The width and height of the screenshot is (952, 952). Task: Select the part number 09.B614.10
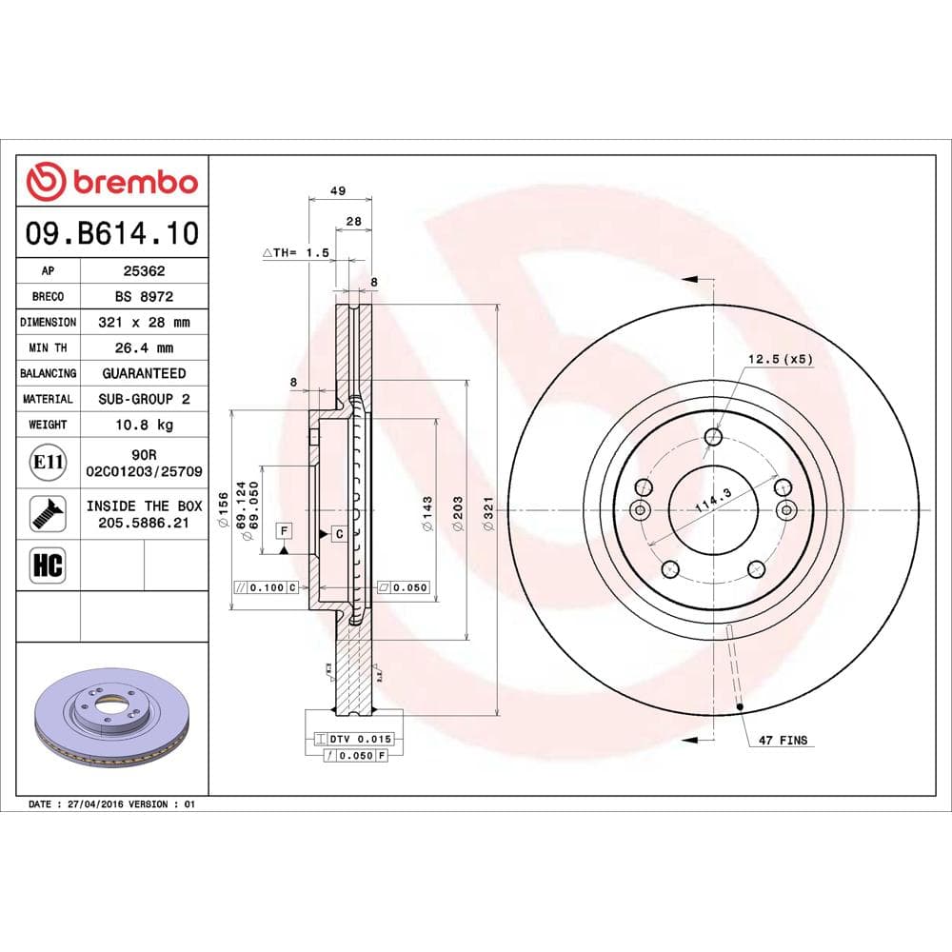(x=112, y=231)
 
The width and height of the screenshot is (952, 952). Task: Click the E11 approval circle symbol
(x=48, y=463)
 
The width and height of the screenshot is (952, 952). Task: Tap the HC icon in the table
(x=48, y=565)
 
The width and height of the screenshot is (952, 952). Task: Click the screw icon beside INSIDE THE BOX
(x=48, y=513)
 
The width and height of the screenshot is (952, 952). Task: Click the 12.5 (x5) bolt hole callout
(x=779, y=360)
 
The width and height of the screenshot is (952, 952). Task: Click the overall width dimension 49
(x=337, y=190)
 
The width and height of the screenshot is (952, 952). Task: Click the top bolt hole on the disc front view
(x=714, y=437)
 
